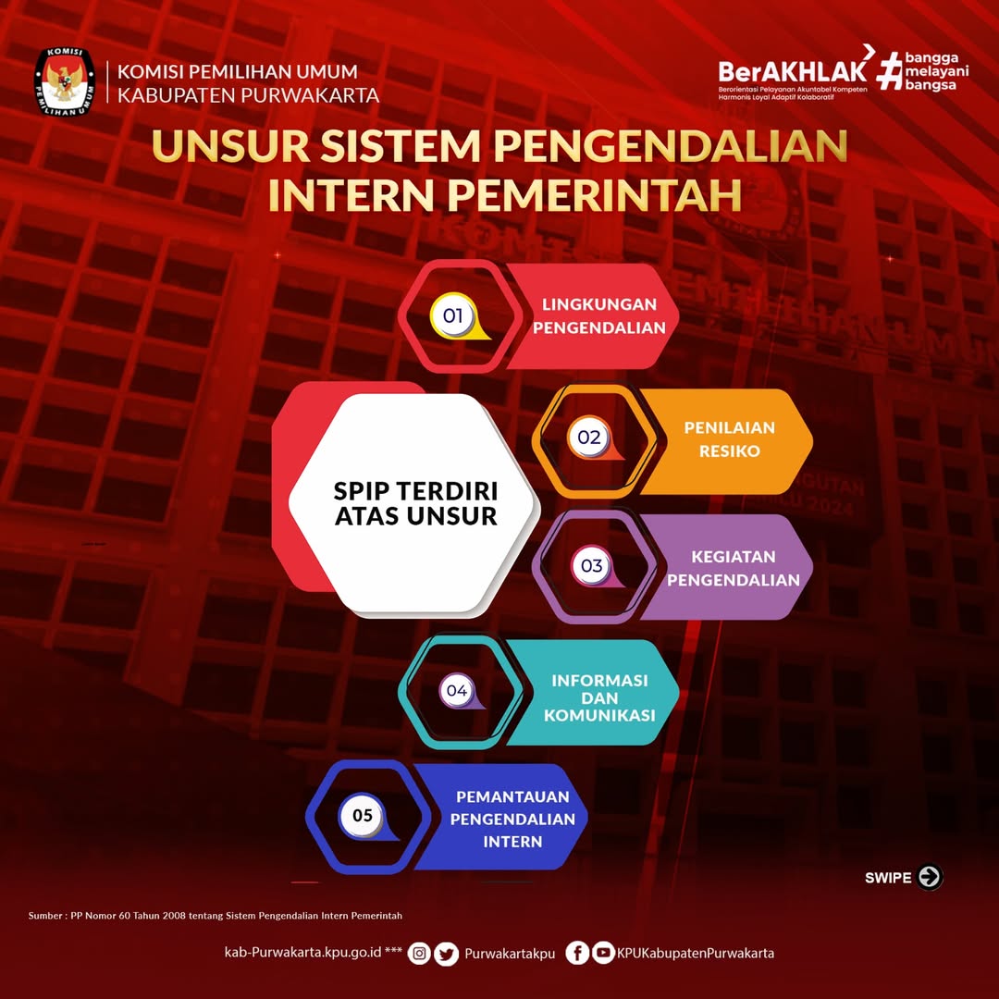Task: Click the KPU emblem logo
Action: pos(65,81)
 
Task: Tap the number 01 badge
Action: pos(453,315)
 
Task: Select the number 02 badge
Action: pos(589,437)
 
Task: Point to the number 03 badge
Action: pos(592,565)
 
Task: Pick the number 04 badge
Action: pos(457,690)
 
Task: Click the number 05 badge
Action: pos(363,816)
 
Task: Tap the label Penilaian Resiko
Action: pos(730,439)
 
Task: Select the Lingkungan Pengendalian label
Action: pos(598,316)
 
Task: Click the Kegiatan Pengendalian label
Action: pos(734,568)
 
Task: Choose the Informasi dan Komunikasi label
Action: pos(599,697)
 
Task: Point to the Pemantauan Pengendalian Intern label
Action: pos(512,819)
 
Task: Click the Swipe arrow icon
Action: pos(930,877)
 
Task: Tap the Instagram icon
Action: pos(419,953)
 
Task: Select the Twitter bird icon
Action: pos(446,954)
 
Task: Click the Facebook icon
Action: pos(577,953)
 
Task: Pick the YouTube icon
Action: pos(603,953)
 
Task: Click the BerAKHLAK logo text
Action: pos(793,71)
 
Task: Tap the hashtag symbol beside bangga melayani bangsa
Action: pos(890,70)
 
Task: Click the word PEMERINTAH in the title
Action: pos(595,194)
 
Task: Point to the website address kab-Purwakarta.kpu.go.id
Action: pos(302,953)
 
